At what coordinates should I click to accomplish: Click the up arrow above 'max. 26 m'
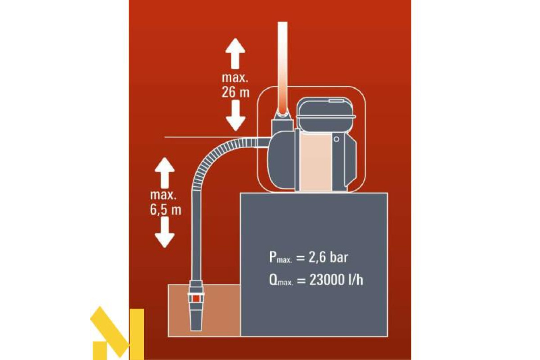pos(235,52)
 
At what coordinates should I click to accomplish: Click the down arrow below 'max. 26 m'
pos(235,116)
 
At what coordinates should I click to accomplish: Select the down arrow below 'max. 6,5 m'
pos(165,231)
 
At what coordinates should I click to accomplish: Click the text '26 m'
pos(235,92)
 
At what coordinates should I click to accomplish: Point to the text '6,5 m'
pos(166,209)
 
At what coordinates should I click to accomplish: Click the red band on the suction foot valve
pos(196,298)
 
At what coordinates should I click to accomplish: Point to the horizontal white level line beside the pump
pos(198,136)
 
